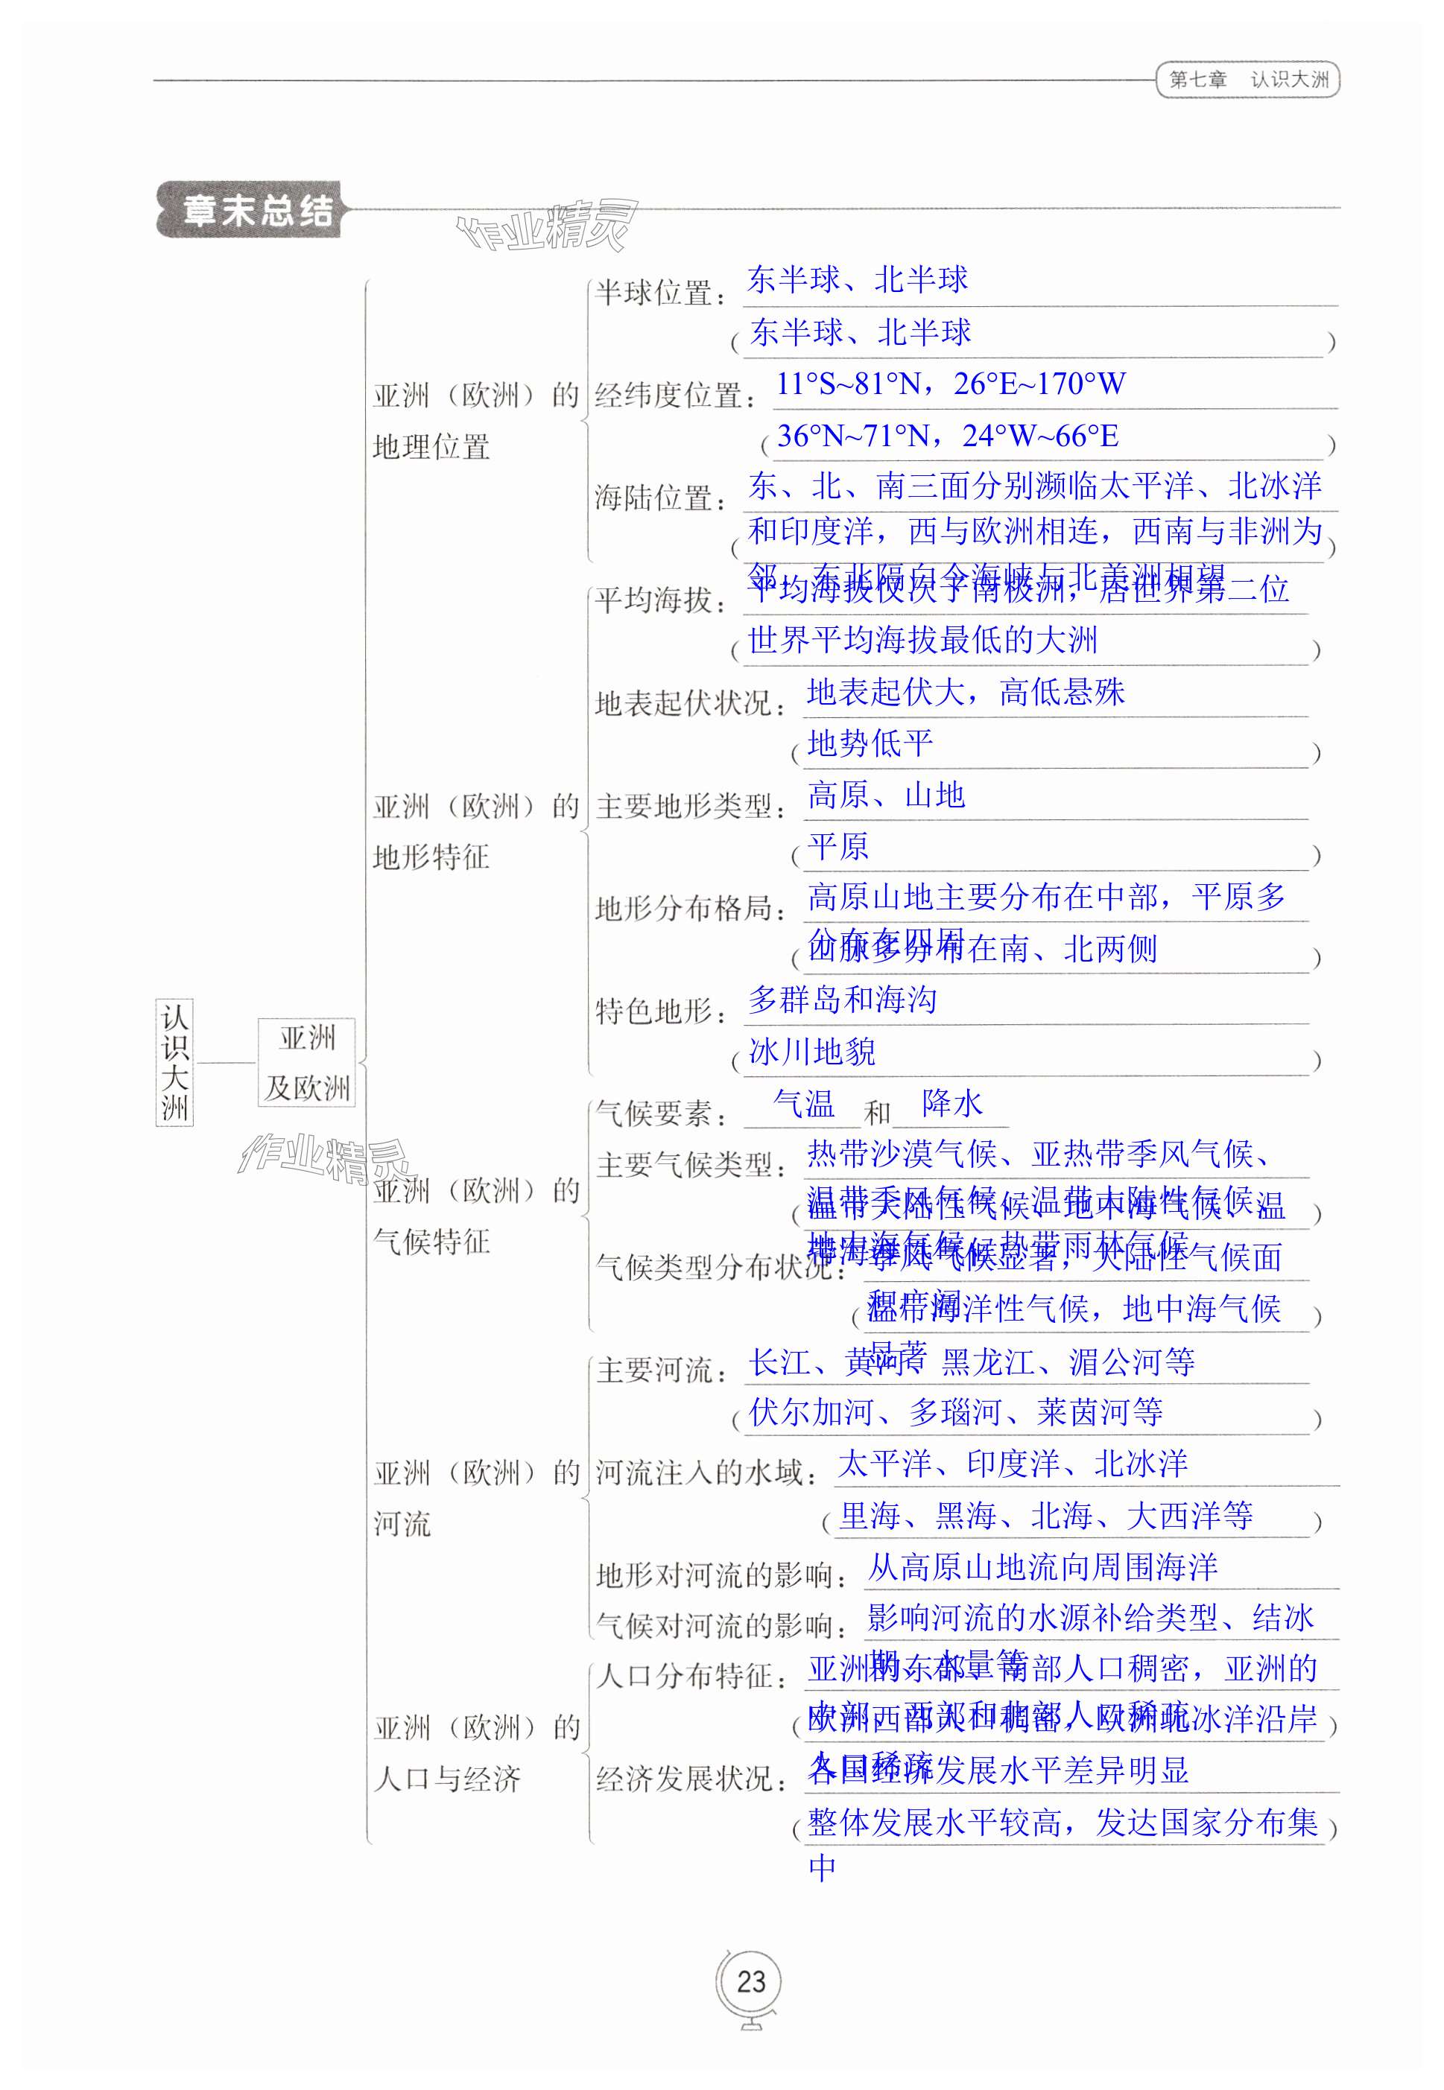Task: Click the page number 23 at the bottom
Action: pos(751,1981)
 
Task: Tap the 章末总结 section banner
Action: pos(258,211)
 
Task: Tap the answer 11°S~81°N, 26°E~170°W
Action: pos(950,384)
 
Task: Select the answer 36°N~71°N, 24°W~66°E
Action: pos(947,436)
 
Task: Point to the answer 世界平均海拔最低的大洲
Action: pos(923,641)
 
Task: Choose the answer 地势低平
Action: pos(870,743)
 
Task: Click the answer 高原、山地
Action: pos(886,795)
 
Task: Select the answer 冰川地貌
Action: pos(811,1052)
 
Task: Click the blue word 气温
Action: pos(803,1105)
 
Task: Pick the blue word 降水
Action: pos(951,1105)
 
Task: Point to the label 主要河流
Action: pos(660,1370)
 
